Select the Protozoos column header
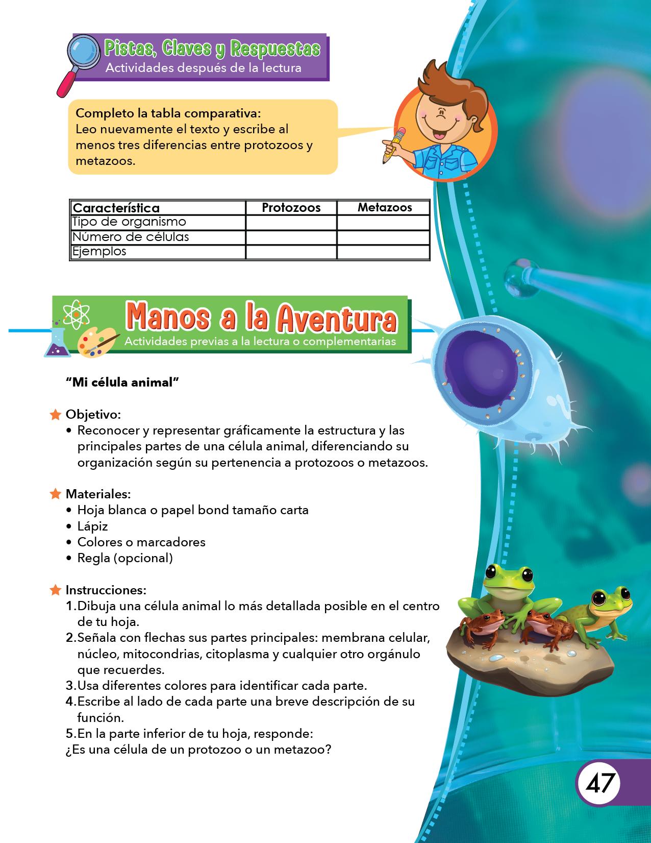tap(291, 207)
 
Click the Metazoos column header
tap(384, 207)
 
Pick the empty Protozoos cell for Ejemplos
tap(291, 252)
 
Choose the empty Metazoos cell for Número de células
tap(383, 237)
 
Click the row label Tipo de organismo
tap(129, 222)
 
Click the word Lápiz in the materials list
tap(92, 526)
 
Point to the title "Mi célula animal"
tap(122, 382)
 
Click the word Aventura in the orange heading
tap(336, 319)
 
